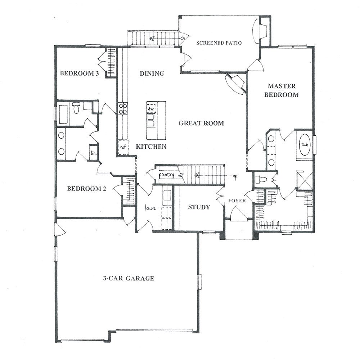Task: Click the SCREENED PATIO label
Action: pos(219,43)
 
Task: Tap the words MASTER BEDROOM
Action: pos(282,90)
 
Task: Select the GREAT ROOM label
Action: pos(201,123)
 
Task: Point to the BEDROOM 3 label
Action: pos(80,73)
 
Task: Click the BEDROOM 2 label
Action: pos(86,189)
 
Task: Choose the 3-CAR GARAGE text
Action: pos(129,278)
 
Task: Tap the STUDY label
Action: pos(199,207)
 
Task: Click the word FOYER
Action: pos(237,201)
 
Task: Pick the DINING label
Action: pos(152,73)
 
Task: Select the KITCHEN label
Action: pos(151,147)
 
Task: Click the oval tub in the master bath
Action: pos(305,144)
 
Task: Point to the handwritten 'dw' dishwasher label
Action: pos(150,109)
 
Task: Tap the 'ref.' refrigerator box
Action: pos(123,147)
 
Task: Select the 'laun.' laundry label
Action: pos(150,208)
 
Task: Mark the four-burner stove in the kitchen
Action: pos(123,109)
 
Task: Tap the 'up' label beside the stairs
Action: pos(235,176)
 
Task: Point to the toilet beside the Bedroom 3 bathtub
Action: pos(76,108)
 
